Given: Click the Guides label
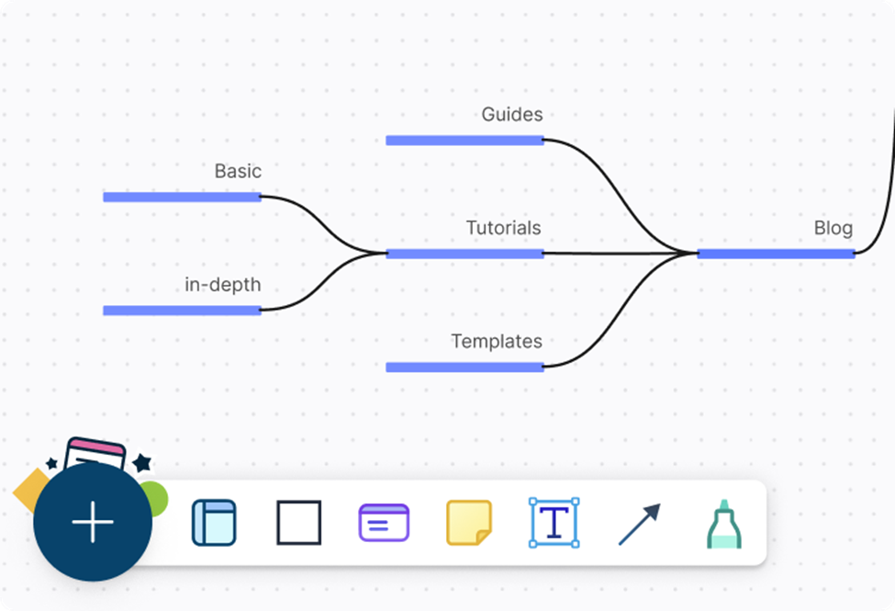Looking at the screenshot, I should coord(511,115).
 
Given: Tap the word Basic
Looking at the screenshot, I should coord(238,172).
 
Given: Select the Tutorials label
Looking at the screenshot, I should coord(503,228).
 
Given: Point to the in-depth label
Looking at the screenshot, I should coord(222,285).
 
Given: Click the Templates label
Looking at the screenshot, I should coord(496,342).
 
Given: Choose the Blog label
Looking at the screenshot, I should coord(833,228).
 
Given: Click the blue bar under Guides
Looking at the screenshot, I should coord(464,141).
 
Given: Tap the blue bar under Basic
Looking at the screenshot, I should coord(182,197).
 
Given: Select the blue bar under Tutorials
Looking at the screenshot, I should coord(464,254).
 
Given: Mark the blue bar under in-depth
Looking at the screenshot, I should coord(182,311).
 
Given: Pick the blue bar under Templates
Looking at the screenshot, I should coord(464,368).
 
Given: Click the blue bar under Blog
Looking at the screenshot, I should coord(776,254).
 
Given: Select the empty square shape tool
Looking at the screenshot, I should coord(299,523).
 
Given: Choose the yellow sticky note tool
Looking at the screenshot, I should coord(469,523).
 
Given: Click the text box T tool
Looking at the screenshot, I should coord(554,523).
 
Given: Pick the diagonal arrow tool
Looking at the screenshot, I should coord(639,524).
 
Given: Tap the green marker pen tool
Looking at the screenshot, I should coord(723,524).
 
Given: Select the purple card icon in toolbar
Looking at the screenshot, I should coord(384,523).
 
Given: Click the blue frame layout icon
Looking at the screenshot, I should coord(214,523).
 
